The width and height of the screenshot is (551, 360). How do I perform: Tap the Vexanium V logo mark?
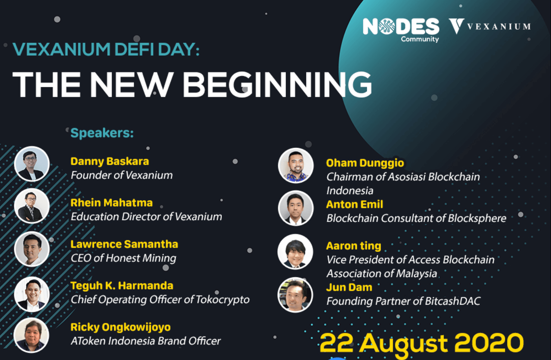pos(456,26)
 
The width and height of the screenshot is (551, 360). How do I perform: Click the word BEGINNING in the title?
pos(277,85)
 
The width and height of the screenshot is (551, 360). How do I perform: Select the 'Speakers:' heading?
pos(102,133)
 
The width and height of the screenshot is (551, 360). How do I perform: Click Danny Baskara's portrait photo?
pos(32,164)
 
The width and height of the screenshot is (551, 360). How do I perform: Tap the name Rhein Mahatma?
pos(112,203)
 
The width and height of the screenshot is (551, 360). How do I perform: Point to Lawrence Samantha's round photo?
pos(32,249)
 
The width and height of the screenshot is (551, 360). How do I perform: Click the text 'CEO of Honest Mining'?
pos(124,258)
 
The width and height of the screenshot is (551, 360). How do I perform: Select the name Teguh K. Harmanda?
pos(122,286)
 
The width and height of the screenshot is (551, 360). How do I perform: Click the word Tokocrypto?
pos(222,300)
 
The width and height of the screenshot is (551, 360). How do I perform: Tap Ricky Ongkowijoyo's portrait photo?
pos(31,335)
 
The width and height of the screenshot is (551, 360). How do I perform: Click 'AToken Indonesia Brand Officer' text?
pos(146,341)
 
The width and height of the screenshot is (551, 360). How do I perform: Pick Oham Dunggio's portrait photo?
pos(296,165)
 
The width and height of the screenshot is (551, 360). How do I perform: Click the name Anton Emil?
pos(355,204)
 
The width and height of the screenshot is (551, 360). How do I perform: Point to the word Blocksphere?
pos(477,218)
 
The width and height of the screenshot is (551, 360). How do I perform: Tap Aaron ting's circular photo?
pos(295,252)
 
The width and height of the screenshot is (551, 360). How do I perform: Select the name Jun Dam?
pos(349,287)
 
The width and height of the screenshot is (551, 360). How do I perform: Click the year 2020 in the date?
pos(489,343)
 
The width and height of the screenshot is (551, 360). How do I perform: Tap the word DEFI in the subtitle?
pos(134,49)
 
